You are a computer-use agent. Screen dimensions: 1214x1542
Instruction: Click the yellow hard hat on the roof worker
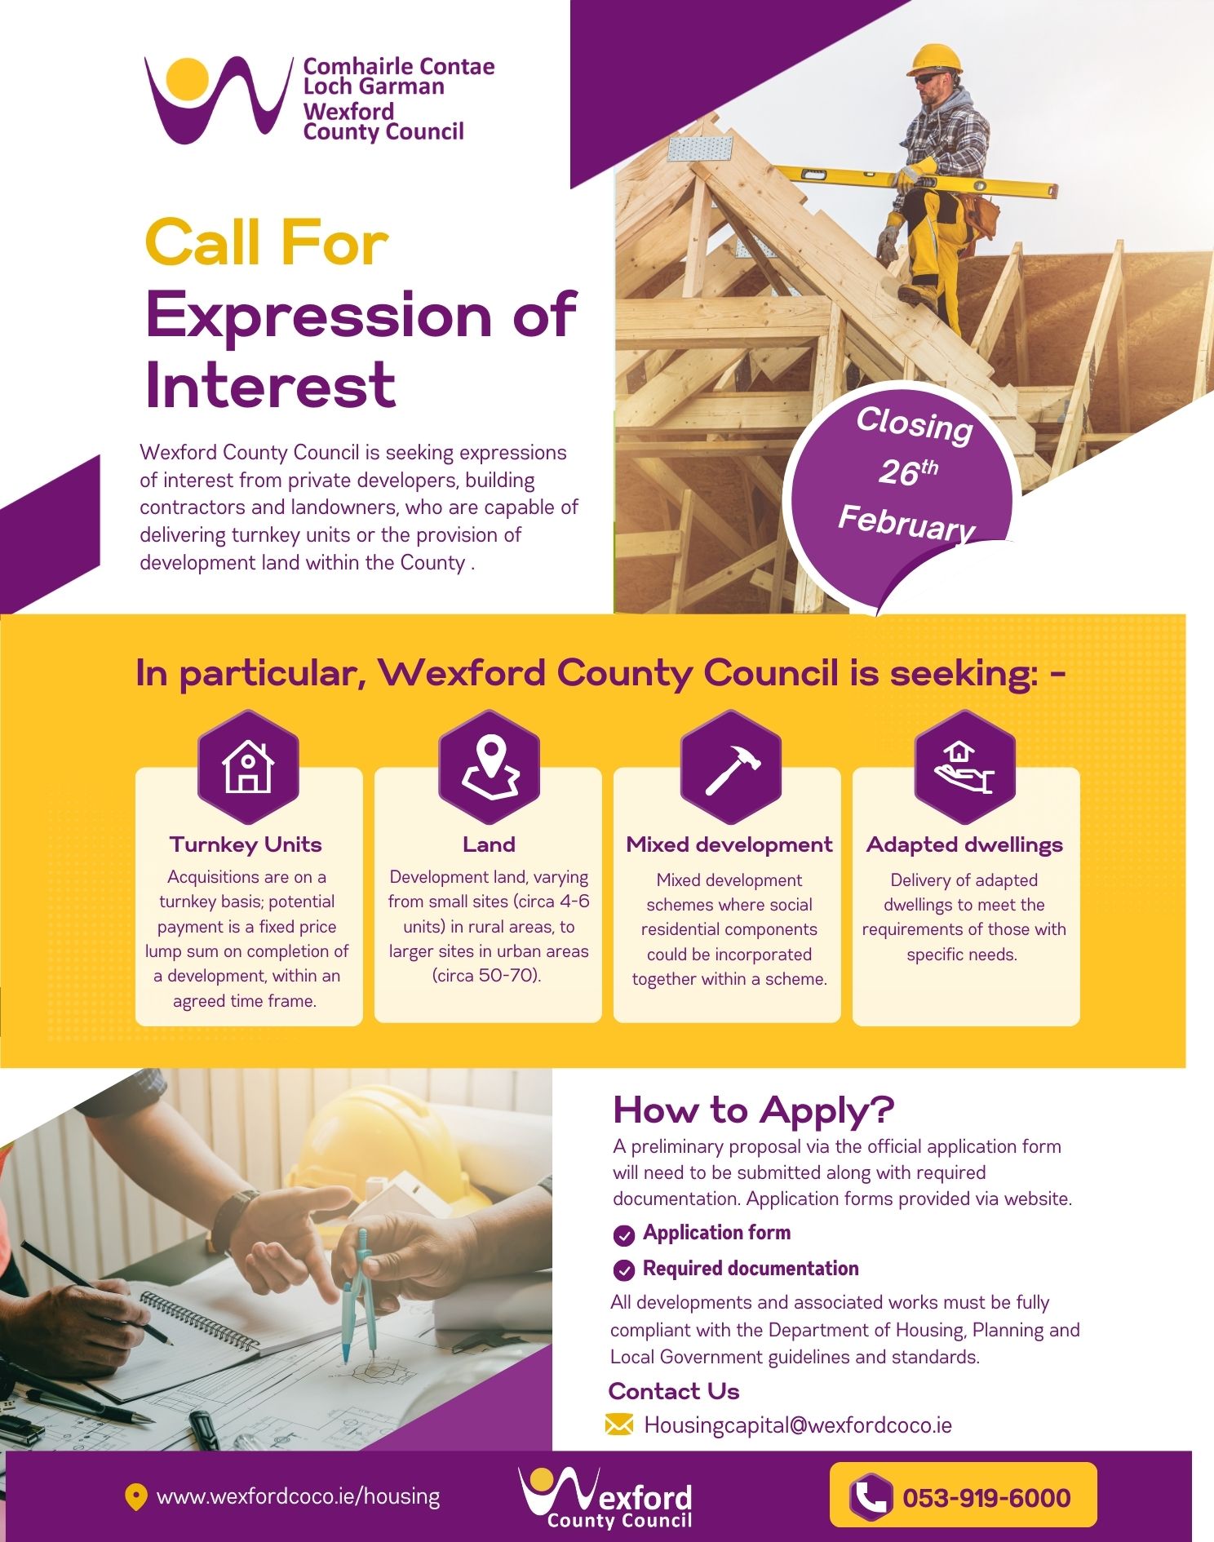(934, 59)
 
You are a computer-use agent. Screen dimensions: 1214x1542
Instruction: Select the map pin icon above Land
(490, 766)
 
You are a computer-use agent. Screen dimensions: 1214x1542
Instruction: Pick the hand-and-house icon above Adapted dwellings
(964, 768)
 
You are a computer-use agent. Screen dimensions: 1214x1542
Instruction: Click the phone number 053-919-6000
(986, 1498)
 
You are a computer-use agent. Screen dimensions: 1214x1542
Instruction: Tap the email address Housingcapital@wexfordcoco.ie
(798, 1425)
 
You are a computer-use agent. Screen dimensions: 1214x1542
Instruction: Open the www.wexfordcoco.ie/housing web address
(298, 1496)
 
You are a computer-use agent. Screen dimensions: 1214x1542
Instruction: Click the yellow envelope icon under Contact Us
(619, 1425)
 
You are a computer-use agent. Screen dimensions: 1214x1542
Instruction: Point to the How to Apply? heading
(753, 1110)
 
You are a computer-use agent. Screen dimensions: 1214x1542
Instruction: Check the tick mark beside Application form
(624, 1235)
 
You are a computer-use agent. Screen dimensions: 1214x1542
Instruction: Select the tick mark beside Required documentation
(624, 1270)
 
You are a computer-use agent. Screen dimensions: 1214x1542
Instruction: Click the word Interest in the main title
(270, 384)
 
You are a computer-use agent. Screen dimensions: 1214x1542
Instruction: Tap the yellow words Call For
(266, 242)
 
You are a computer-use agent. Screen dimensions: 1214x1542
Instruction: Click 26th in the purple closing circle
(907, 472)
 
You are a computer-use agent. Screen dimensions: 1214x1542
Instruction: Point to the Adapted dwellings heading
(964, 844)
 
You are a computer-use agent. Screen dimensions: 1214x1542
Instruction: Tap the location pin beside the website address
(135, 1497)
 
